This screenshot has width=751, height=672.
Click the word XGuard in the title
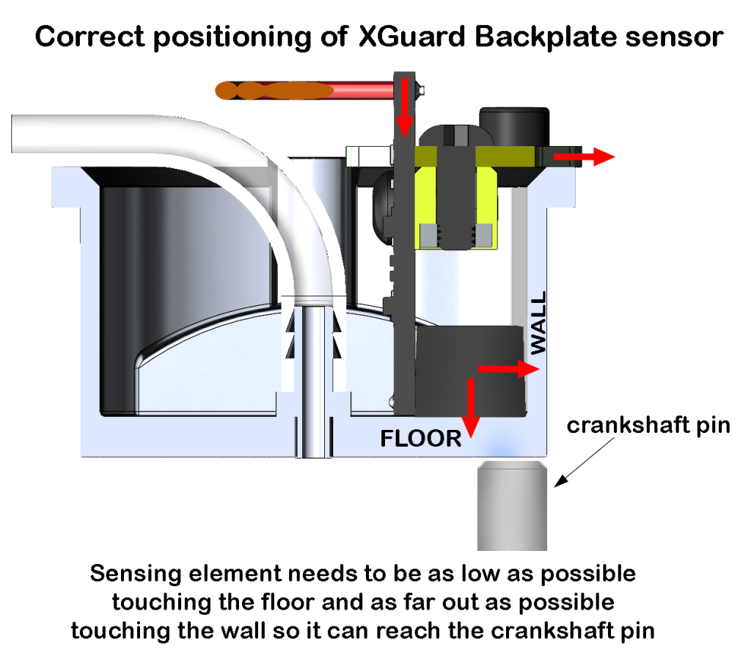pyautogui.click(x=416, y=36)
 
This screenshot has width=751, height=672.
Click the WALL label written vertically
pyautogui.click(x=538, y=324)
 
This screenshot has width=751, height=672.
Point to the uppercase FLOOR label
pyautogui.click(x=421, y=439)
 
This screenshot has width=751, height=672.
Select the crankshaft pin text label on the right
pyautogui.click(x=648, y=426)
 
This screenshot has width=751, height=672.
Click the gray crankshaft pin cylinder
pyautogui.click(x=513, y=507)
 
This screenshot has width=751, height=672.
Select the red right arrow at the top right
pyautogui.click(x=584, y=156)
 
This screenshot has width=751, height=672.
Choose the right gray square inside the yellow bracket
pyautogui.click(x=483, y=234)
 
